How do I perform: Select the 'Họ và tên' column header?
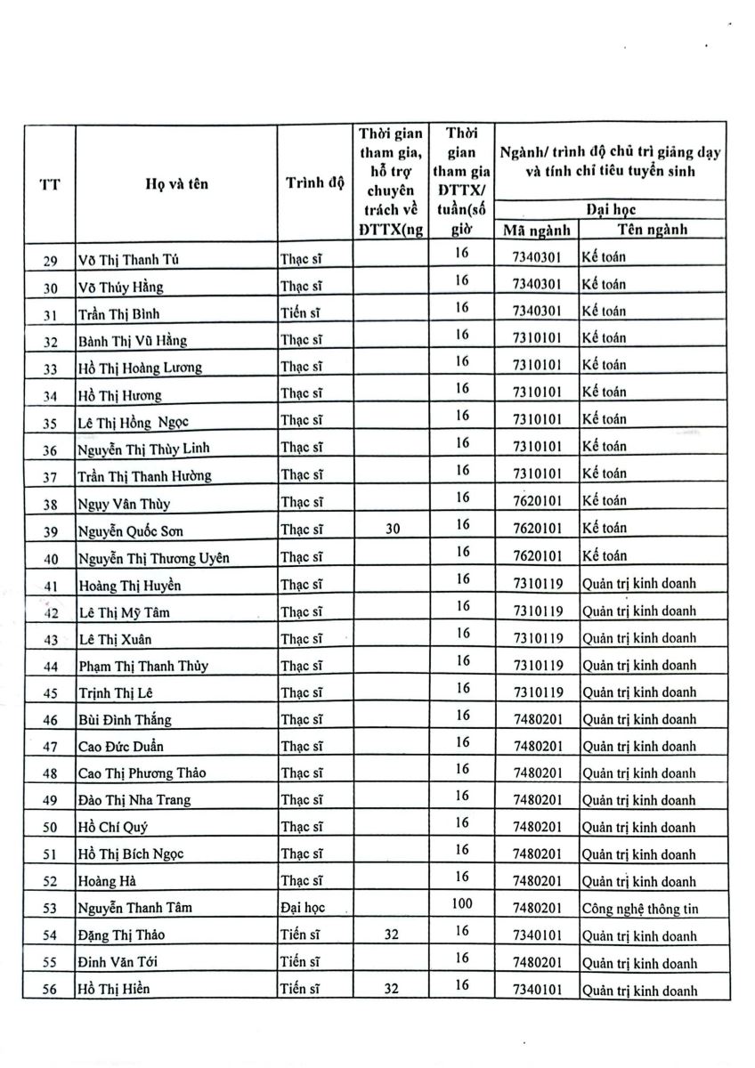click(x=176, y=184)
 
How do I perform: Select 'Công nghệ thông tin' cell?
click(x=637, y=909)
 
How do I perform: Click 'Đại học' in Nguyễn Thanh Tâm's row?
click(x=302, y=909)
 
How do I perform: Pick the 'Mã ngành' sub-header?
click(x=536, y=230)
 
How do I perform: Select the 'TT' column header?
click(x=50, y=185)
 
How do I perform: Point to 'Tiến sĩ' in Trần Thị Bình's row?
click(x=300, y=312)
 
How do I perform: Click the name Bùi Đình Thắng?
click(x=125, y=719)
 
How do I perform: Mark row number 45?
click(x=50, y=693)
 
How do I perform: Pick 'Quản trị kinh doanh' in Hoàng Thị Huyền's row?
click(x=638, y=584)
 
